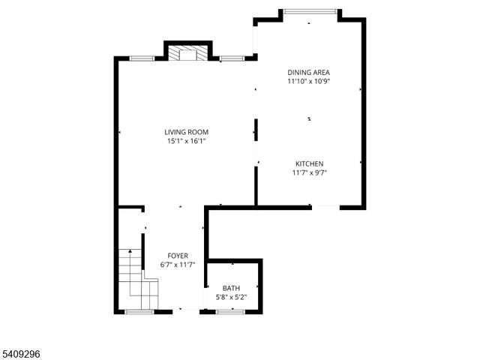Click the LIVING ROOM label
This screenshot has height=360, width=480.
pyautogui.click(x=187, y=132)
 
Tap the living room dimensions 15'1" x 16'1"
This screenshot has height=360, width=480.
pyautogui.click(x=187, y=140)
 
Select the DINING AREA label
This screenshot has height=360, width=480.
pyautogui.click(x=309, y=73)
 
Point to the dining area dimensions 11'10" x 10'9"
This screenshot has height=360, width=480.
pyautogui.click(x=309, y=81)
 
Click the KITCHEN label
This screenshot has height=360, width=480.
pyautogui.click(x=309, y=164)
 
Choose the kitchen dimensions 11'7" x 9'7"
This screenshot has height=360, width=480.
pyautogui.click(x=309, y=172)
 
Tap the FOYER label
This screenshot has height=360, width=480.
pyautogui.click(x=178, y=256)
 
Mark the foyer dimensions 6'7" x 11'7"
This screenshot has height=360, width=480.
pyautogui.click(x=178, y=264)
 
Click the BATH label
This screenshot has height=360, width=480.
pyautogui.click(x=230, y=288)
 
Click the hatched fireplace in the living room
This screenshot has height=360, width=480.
pyautogui.click(x=185, y=54)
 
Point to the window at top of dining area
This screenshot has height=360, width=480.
pyautogui.click(x=310, y=10)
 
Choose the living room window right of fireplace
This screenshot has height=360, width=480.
pyautogui.click(x=232, y=58)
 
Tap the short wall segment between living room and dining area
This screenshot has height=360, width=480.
pyautogui.click(x=256, y=129)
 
